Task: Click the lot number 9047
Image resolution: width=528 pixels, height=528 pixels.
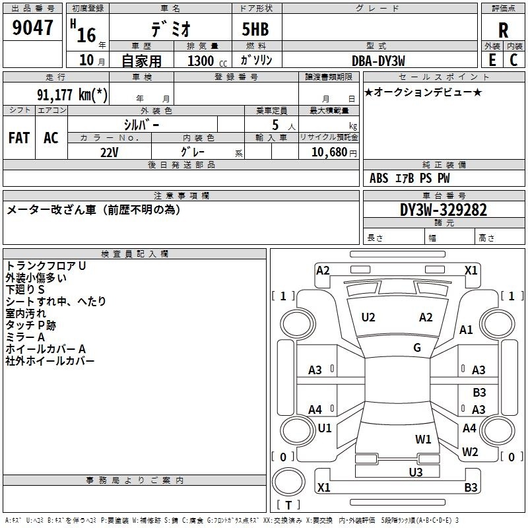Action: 32,28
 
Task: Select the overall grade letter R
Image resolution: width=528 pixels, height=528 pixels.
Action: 503,30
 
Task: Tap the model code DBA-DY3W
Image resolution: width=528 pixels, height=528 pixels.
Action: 378,61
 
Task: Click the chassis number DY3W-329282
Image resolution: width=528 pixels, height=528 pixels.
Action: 443,210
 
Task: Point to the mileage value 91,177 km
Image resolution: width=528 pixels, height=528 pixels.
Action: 72,94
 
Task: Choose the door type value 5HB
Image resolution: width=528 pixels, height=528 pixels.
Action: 255,29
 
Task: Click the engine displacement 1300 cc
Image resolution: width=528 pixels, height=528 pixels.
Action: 207,61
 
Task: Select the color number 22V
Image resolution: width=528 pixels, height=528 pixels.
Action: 110,152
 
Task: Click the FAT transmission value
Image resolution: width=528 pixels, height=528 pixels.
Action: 19,138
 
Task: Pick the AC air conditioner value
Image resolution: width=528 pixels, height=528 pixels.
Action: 51,138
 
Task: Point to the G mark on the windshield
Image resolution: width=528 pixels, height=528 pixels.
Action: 417,348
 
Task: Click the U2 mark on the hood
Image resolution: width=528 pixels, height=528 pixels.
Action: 368,317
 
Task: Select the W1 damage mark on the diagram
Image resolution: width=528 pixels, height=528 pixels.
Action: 423,439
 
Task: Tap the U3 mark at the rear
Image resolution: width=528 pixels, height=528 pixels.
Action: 416,472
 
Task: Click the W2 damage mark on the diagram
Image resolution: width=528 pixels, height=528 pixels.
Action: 470,451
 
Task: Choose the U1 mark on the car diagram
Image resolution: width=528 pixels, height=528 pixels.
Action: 325,428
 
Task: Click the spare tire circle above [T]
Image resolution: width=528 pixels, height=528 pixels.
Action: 288,481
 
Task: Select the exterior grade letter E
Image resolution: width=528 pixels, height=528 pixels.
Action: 492,60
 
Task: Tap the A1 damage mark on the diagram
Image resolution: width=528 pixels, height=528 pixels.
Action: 466,329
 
